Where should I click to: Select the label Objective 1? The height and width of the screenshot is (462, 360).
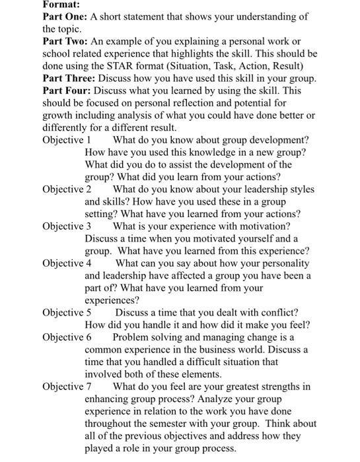click(x=66, y=141)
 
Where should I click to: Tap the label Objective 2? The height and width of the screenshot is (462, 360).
click(x=67, y=189)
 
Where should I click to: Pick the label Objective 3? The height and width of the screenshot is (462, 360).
click(x=67, y=226)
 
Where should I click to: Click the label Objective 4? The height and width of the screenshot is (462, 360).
click(x=67, y=263)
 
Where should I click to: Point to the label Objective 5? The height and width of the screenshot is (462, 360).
click(x=67, y=312)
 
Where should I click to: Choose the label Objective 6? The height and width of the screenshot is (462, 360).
click(x=67, y=337)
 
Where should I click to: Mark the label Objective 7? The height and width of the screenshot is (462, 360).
click(x=67, y=386)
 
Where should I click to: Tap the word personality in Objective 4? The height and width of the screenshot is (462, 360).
click(x=284, y=263)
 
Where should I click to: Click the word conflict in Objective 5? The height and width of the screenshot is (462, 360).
click(x=275, y=312)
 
